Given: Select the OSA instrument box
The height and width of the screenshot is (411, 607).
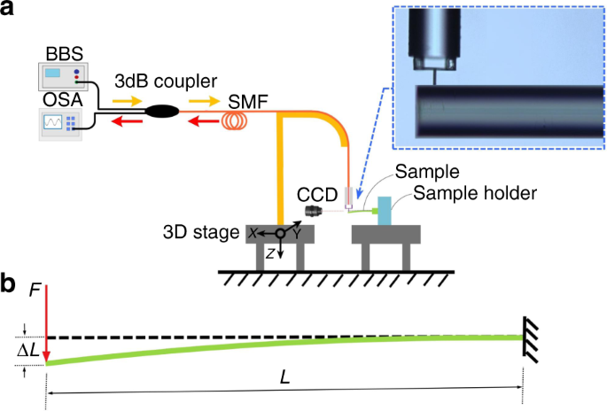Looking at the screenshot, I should pos(59,123).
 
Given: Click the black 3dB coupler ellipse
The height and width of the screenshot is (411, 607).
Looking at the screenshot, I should pos(163,112).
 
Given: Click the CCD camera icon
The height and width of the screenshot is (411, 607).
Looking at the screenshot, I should pos(313,212).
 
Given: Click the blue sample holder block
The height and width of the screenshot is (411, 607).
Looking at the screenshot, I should pos(384,210).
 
